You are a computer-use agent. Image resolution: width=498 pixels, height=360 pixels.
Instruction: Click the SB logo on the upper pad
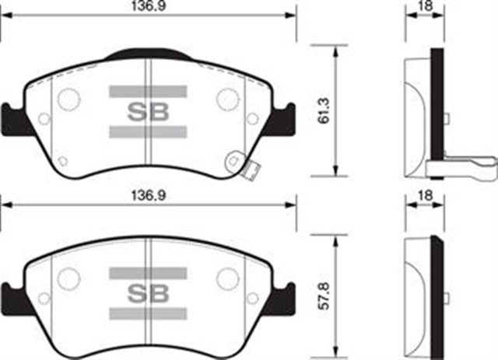point(147,111)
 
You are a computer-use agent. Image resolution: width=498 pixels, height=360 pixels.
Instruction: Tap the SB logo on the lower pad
point(147,294)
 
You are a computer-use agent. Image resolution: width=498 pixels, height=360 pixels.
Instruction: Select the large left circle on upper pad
point(69,99)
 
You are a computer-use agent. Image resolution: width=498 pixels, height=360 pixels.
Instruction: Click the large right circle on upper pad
point(227,98)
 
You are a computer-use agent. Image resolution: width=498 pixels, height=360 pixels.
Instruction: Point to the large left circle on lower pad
point(69,278)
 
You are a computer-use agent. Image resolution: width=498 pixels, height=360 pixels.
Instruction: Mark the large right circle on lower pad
point(227,278)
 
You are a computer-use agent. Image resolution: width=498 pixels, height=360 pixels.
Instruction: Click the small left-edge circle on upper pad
point(44,119)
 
